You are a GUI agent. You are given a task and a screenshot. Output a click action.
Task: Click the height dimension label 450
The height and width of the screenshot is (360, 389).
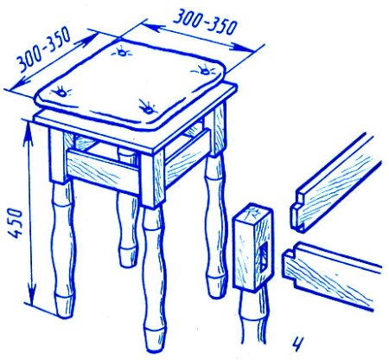pos(16,223)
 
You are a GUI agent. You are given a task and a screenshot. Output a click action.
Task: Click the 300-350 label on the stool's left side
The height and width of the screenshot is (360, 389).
pos(43,49)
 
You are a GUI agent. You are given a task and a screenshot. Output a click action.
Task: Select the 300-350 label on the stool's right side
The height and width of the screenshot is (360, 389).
pos(205,22)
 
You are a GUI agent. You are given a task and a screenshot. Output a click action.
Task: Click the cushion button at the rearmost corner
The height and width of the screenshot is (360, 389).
pos(122,52)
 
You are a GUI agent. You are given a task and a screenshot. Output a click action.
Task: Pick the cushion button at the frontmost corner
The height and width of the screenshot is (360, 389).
pos(147,107)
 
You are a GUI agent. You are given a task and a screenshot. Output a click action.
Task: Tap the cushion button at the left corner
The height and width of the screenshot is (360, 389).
pos(61,92)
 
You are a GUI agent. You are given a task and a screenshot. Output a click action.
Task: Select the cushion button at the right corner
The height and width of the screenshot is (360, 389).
pos(205,70)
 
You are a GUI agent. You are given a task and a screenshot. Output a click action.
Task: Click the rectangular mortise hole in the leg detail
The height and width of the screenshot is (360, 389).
pos(263,256)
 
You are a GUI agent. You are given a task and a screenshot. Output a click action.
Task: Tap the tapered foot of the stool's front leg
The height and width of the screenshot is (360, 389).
pos(156,340)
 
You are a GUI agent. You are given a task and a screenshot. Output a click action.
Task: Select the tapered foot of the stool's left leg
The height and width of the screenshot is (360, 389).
pos(65,306)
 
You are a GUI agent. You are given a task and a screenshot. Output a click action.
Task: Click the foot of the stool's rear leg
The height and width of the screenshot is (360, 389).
pos(129,256)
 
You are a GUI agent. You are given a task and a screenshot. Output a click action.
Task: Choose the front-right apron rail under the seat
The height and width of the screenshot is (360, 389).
pos(188,157)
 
